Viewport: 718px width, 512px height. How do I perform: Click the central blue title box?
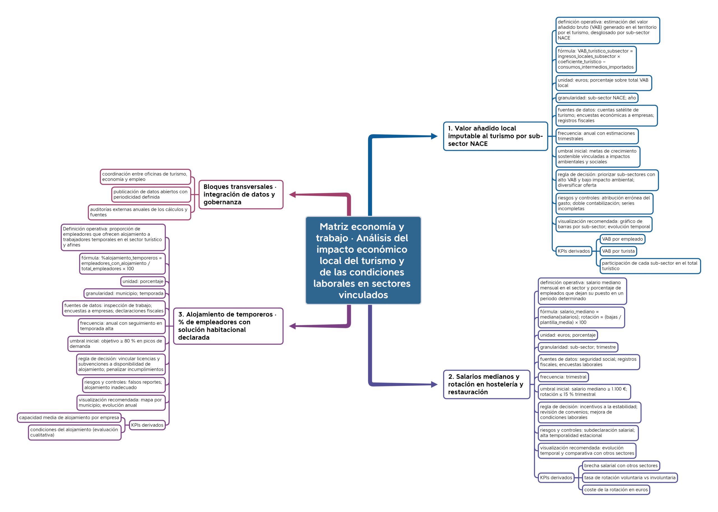point(363,260)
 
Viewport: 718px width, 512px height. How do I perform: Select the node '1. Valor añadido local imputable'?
point(496,136)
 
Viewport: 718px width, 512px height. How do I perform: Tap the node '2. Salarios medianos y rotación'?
point(487,384)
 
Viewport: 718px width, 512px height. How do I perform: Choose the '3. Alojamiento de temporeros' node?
point(228,326)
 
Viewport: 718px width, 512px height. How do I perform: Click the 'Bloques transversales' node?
point(241,194)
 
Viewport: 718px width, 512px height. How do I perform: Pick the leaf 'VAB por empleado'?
point(622,239)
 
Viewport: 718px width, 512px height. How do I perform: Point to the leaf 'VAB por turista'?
point(618,251)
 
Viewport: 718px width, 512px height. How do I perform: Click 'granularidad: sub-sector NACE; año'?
point(597,98)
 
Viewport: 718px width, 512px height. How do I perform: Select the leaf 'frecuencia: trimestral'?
point(563,377)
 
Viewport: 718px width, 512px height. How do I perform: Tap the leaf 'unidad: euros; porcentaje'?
point(568,335)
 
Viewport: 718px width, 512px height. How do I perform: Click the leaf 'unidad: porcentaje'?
point(143,281)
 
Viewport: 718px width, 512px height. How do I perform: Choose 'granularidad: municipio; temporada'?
point(125,293)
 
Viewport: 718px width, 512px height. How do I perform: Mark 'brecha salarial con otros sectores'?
point(621,466)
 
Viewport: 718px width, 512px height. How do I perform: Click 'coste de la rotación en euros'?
point(616,490)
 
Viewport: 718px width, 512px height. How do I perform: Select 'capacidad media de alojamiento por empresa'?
point(69,418)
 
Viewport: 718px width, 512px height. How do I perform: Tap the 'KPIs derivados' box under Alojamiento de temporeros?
point(147,425)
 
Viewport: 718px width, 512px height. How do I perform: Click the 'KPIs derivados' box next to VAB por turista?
point(574,251)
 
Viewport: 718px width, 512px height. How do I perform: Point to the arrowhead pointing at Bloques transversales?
point(293,194)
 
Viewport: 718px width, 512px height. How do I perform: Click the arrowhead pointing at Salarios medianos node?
point(434,384)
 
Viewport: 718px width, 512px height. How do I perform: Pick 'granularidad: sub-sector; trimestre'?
point(578,347)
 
